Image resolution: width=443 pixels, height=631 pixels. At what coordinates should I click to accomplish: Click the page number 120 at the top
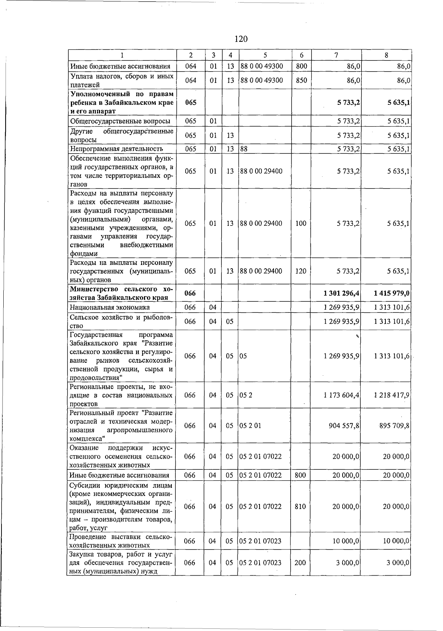[x=241, y=39]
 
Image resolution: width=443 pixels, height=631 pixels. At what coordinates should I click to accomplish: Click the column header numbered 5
[x=265, y=55]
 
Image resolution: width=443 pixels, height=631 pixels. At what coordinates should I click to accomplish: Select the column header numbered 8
[x=386, y=55]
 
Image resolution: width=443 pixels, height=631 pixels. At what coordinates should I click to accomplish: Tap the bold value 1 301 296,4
[x=341, y=293]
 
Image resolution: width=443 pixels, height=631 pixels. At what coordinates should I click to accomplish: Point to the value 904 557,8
[x=344, y=425]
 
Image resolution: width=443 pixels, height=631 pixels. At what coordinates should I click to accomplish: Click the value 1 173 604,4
[x=341, y=395]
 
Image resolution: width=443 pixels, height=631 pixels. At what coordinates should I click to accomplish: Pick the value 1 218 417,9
[x=391, y=395]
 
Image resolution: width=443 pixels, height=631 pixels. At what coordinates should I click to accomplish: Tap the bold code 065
[x=190, y=103]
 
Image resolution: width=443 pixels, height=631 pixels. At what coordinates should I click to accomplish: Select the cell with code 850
[x=301, y=80]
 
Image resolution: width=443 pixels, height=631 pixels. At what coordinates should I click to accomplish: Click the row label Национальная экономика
[x=110, y=307]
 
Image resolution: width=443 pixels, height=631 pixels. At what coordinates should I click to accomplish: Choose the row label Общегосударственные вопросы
[x=120, y=121]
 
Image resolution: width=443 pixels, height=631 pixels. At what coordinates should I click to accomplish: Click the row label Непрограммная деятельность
[x=116, y=149]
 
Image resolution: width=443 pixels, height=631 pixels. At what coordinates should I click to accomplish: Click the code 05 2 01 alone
[x=250, y=425]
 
